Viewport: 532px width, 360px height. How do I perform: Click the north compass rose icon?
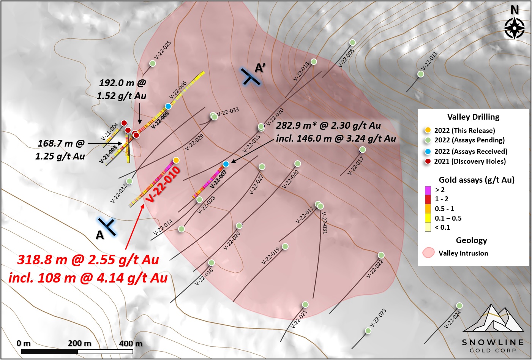tap(514, 27)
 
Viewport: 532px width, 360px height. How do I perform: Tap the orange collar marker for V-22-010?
tap(176, 160)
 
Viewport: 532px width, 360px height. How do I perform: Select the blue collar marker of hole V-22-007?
tap(226, 164)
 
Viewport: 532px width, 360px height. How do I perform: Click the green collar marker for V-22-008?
tap(352, 43)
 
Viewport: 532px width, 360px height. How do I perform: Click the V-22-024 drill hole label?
tap(452, 319)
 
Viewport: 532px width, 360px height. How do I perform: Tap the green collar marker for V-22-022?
tap(381, 255)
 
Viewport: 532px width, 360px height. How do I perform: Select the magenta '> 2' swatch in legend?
tap(428, 189)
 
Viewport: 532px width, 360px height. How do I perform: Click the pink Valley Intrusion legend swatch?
tap(429, 253)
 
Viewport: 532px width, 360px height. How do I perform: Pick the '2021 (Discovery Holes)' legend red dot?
tap(428, 161)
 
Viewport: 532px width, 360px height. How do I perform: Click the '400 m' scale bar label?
tap(131, 344)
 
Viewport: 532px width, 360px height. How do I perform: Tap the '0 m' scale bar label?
tap(24, 343)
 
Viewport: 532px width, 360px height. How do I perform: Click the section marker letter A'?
tap(260, 68)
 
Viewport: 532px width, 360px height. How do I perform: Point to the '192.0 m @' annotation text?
tap(122, 83)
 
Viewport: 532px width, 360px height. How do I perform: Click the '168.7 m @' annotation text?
tap(61, 143)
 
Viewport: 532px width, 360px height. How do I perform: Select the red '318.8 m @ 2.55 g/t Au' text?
tap(88, 260)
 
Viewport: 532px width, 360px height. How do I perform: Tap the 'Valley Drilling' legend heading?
tap(473, 117)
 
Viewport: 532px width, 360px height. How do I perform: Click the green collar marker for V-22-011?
tap(421, 74)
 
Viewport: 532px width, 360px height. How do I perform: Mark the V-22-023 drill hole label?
tap(378, 317)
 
